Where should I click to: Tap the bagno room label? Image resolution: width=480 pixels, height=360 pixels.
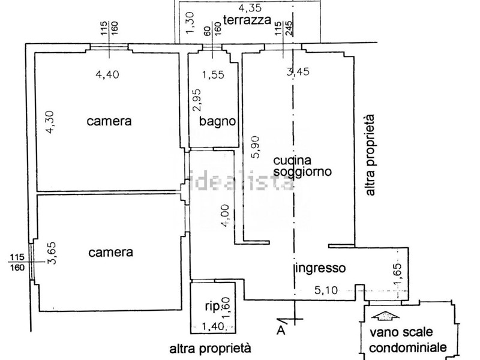tap(217, 121)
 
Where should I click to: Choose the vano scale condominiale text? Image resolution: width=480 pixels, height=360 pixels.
tap(407, 340)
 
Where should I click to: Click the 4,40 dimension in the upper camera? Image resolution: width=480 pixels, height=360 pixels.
tap(108, 75)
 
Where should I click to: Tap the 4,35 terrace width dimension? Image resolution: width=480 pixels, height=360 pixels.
tap(249, 8)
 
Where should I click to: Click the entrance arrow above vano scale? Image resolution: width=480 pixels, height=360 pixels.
tap(383, 316)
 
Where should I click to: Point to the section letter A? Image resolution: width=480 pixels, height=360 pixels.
tap(280, 329)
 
